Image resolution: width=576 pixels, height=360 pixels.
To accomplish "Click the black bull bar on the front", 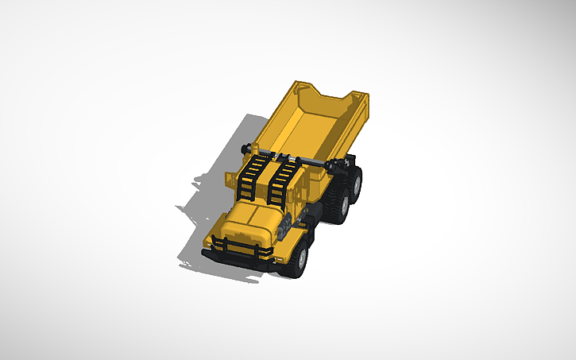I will (x=238, y=246).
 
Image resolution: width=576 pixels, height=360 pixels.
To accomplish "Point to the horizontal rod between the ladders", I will (x=290, y=159).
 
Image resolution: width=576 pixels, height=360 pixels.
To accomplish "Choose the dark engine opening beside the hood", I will (x=283, y=230).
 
